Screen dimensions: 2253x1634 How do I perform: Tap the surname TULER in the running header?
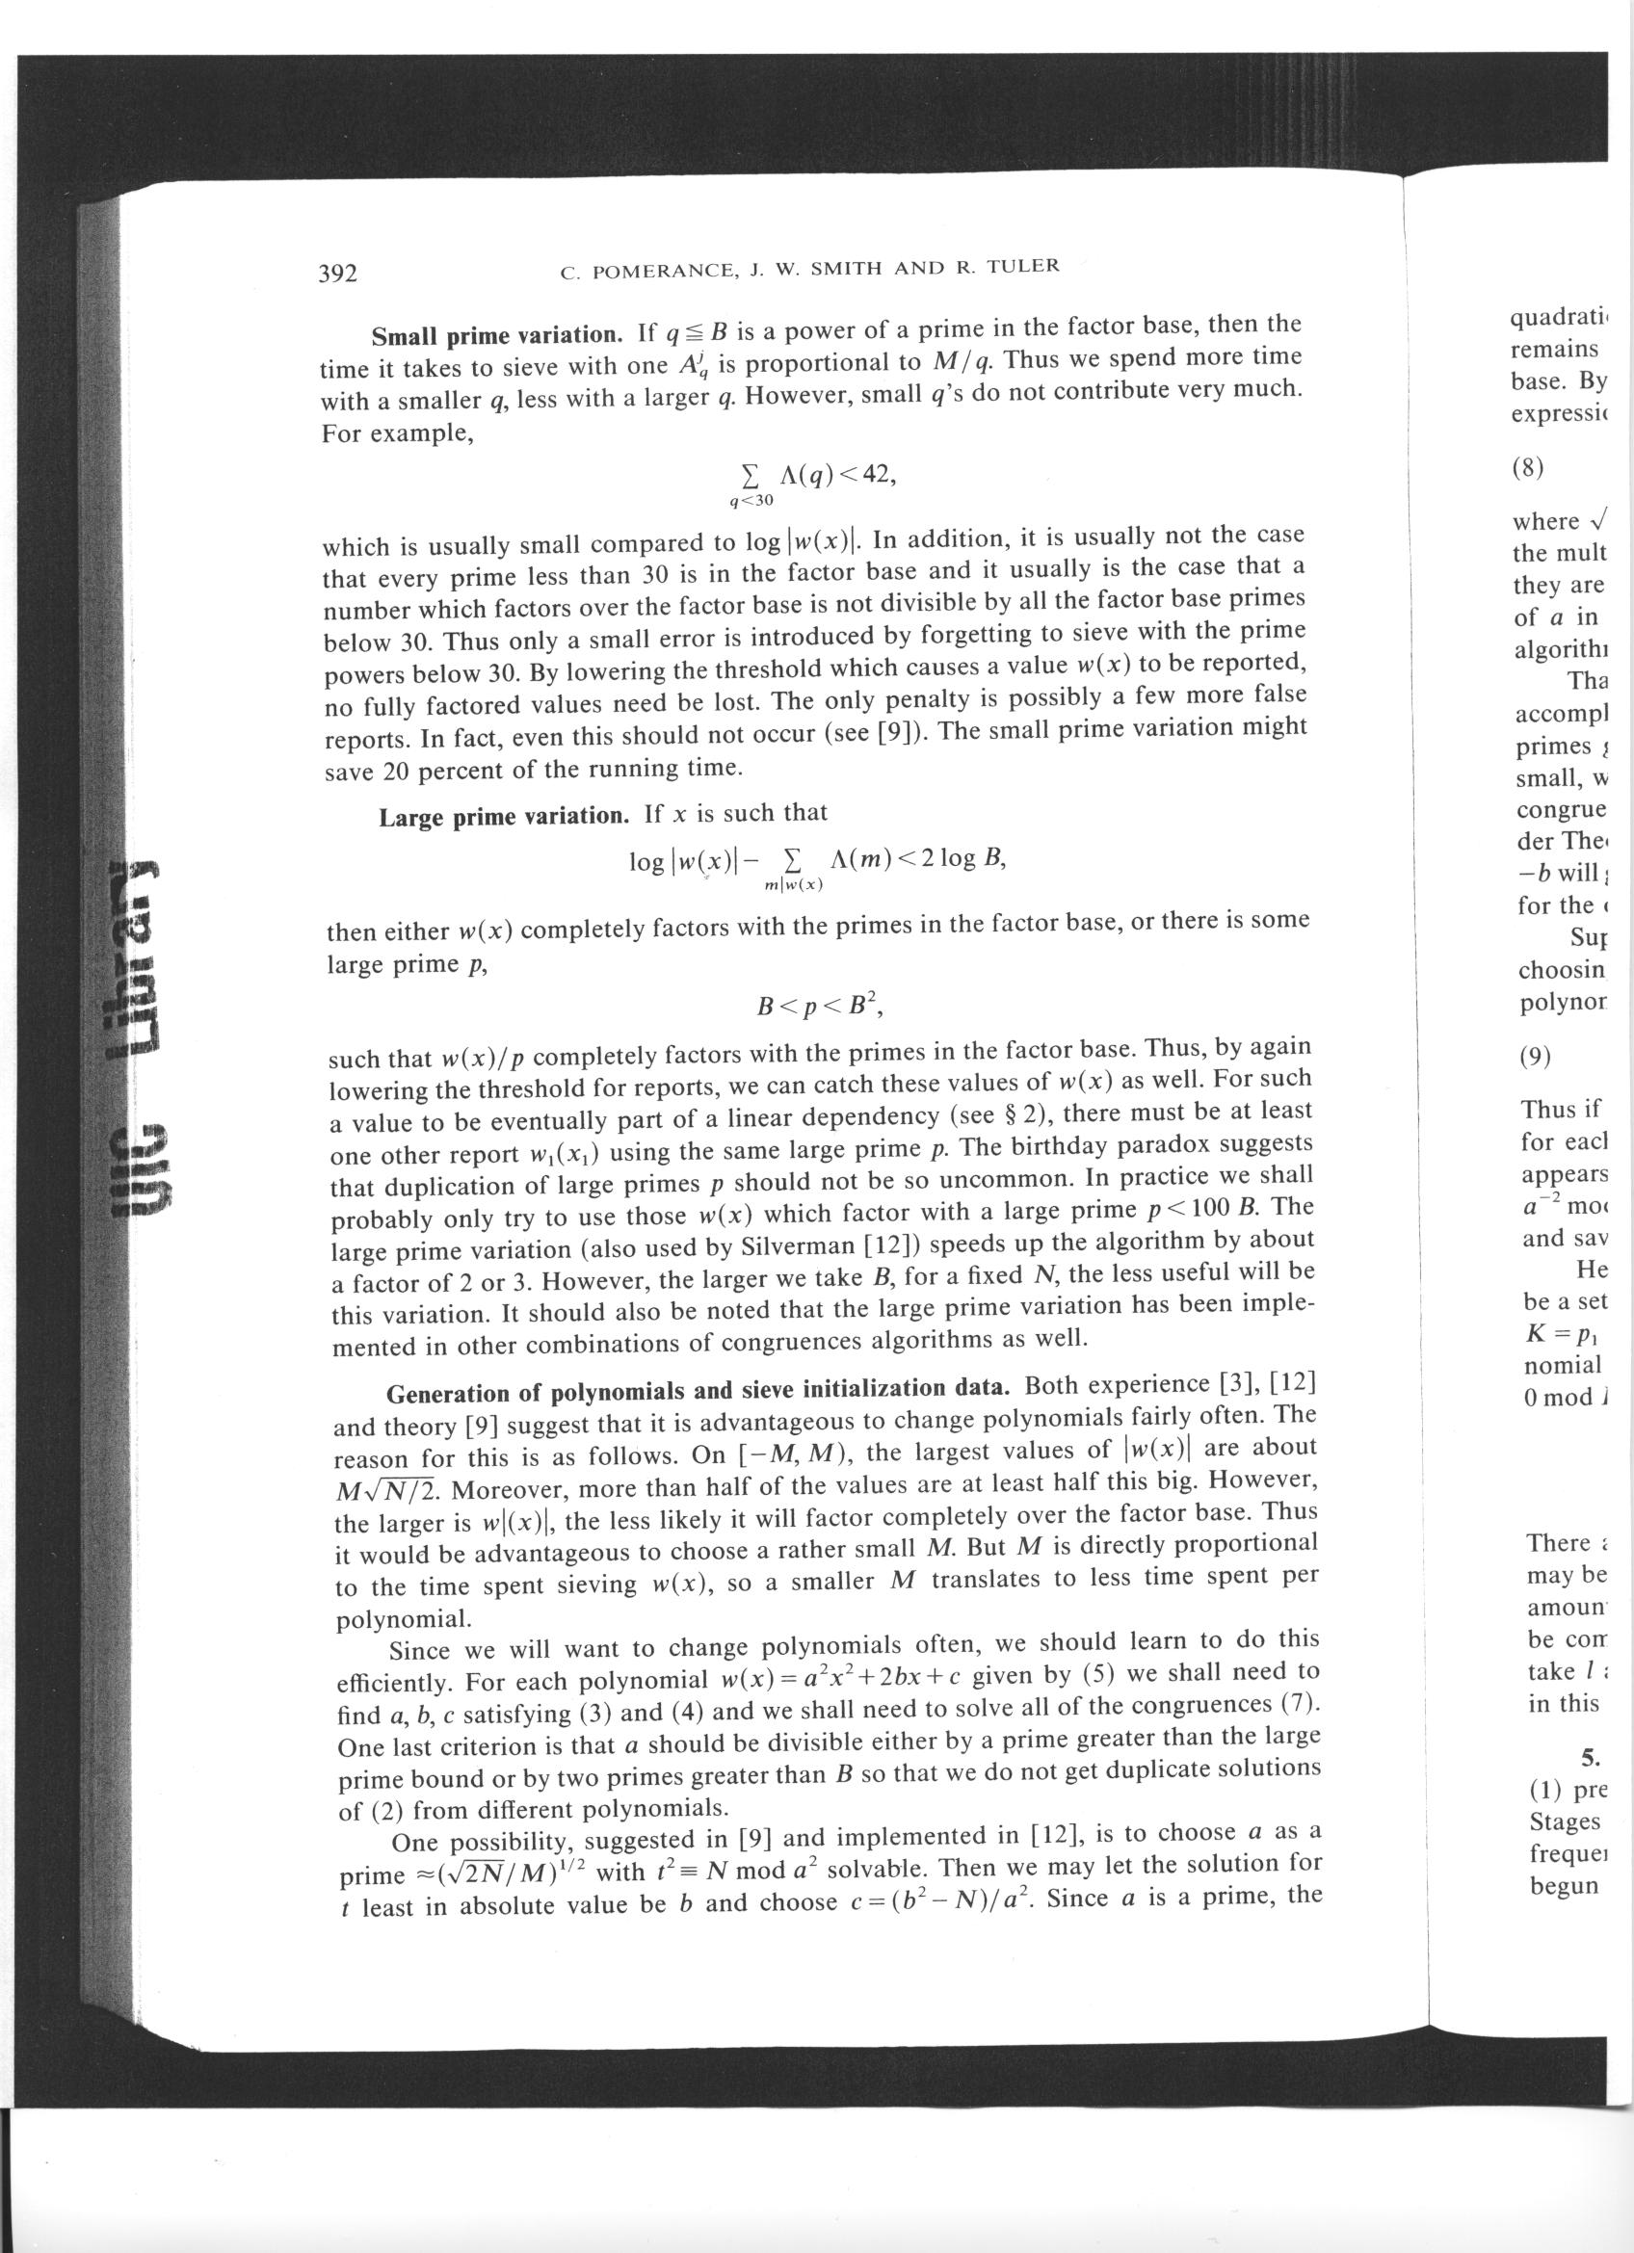coord(1023,265)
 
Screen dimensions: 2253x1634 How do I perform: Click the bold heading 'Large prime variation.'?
coord(504,817)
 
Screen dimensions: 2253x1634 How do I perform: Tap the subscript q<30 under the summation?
coord(751,503)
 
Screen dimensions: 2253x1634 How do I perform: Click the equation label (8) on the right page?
coord(1528,468)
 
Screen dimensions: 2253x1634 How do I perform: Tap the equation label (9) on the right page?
coord(1536,1056)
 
